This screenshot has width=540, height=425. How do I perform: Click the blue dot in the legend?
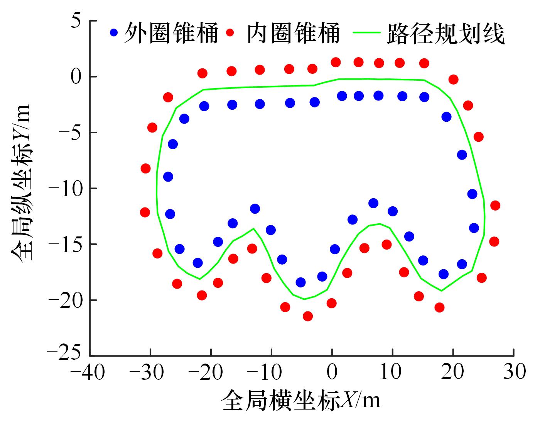click(x=114, y=32)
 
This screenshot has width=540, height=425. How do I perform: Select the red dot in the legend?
click(x=230, y=32)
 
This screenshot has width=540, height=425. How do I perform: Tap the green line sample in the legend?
click(x=367, y=32)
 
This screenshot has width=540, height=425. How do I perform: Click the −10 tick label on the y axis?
click(x=65, y=188)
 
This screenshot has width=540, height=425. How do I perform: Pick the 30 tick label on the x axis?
click(x=514, y=372)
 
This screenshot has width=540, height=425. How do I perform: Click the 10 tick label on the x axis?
click(x=393, y=372)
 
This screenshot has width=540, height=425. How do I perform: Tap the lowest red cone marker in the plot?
click(x=308, y=316)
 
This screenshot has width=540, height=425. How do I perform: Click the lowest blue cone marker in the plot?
click(x=300, y=282)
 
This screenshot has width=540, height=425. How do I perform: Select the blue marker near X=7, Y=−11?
click(x=373, y=203)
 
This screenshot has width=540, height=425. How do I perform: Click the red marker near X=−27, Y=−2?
click(x=168, y=97)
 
